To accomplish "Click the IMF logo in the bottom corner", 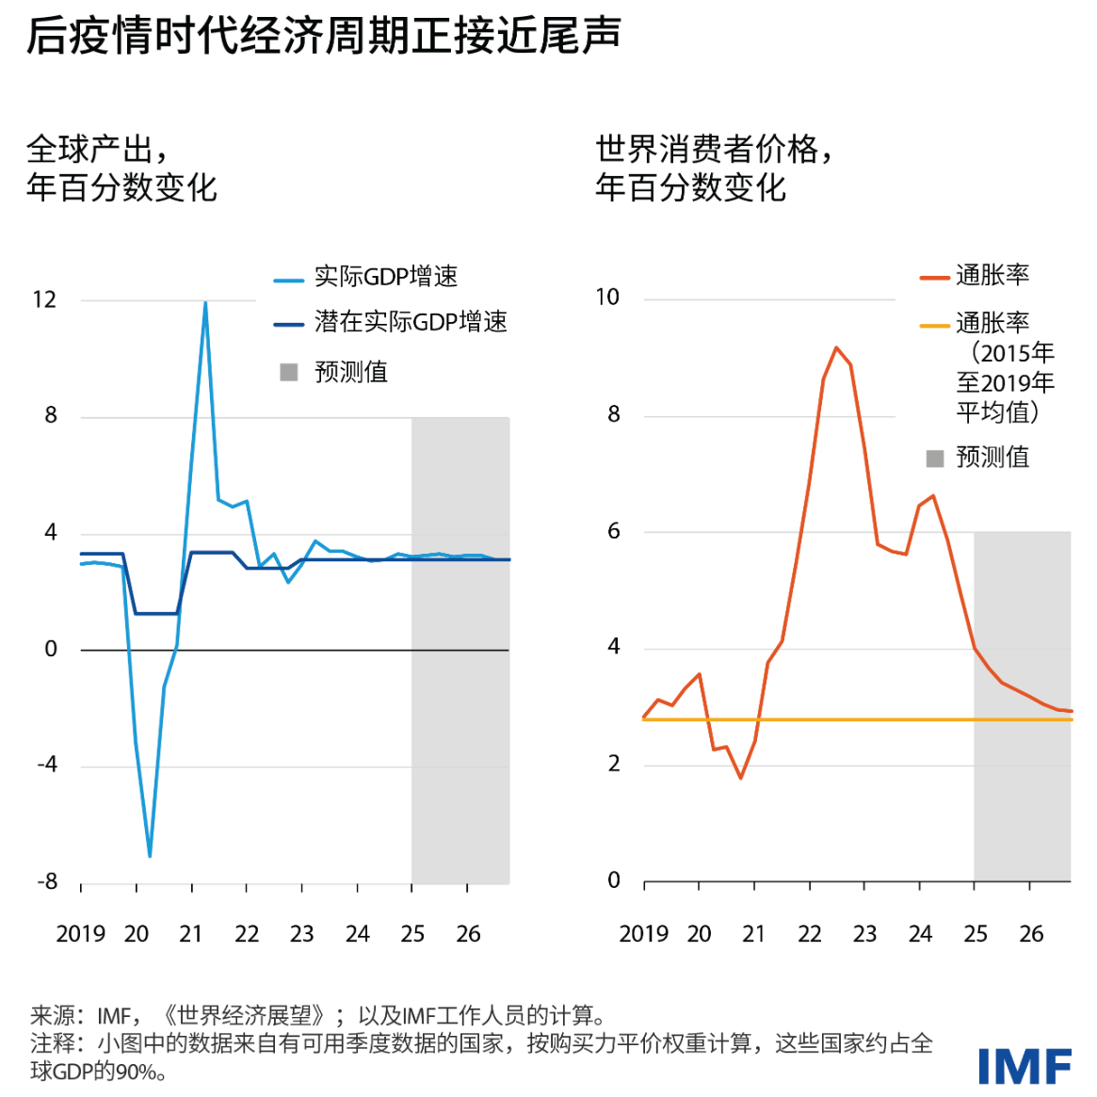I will [1024, 1067].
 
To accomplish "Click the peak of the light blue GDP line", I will [205, 303].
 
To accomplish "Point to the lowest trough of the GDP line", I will [150, 855].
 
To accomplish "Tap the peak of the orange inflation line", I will [836, 347].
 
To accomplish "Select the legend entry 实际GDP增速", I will [385, 277].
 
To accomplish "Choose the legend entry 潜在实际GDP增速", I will [411, 322].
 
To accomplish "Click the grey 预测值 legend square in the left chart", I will [289, 372].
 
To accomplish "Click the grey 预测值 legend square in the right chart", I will [935, 459].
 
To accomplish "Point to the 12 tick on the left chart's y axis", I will [44, 300].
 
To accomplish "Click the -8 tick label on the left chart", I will [47, 881].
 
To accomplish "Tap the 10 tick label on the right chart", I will [607, 298].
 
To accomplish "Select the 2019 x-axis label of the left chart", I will [80, 934].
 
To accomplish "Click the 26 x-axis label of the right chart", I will [1031, 934].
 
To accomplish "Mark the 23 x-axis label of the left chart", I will [301, 934].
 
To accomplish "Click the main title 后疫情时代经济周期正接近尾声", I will [323, 36].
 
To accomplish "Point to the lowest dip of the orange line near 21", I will [741, 778].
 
